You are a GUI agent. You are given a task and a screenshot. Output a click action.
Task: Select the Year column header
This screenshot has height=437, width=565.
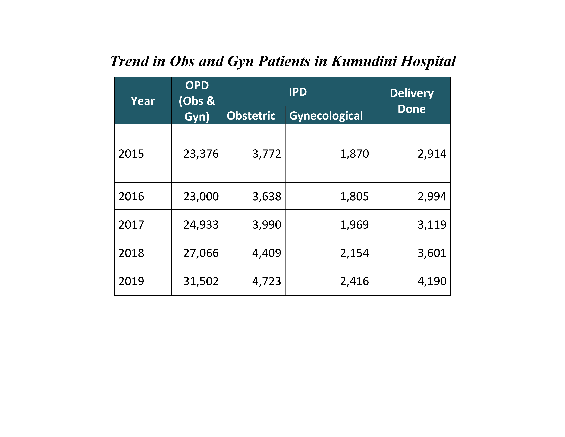click(x=143, y=101)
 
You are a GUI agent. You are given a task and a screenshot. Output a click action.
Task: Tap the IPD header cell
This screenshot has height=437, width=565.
click(x=298, y=92)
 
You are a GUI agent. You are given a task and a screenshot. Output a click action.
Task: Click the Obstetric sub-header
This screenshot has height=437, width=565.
click(x=251, y=116)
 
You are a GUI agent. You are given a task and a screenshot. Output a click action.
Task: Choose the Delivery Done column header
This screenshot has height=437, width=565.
click(x=412, y=101)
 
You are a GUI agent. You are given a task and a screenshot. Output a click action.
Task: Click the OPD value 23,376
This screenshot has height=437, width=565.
click(x=201, y=154)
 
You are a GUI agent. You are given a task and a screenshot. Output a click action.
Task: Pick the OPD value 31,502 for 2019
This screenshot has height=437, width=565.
click(x=201, y=281)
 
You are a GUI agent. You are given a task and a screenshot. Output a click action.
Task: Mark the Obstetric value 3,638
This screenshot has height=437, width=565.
click(x=267, y=197)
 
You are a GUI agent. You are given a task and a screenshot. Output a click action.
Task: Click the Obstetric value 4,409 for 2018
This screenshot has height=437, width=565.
click(x=267, y=253)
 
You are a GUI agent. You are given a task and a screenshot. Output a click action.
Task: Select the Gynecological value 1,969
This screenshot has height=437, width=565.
click(x=354, y=225)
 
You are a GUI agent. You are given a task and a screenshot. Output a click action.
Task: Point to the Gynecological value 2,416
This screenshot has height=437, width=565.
click(x=354, y=281)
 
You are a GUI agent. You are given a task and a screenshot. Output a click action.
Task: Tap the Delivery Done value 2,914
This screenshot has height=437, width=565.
click(x=432, y=154)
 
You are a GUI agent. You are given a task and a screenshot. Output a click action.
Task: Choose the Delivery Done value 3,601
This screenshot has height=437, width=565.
click(x=432, y=253)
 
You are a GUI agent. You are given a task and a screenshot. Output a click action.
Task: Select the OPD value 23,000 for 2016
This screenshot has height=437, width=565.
click(x=201, y=197)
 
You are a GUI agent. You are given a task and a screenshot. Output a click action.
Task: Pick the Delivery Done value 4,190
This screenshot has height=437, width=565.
click(x=432, y=281)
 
